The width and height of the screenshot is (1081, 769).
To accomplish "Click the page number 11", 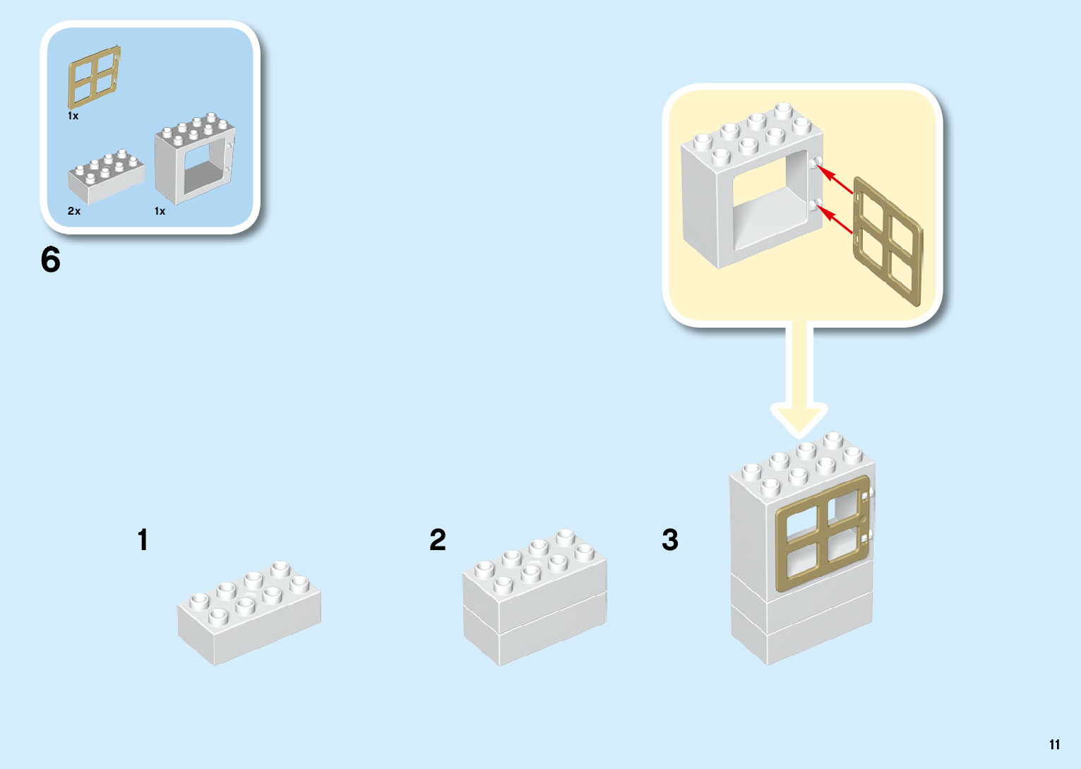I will coord(1054,744).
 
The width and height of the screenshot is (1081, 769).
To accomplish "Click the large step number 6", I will coord(51,260).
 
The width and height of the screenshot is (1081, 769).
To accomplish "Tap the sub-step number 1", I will coord(143,540).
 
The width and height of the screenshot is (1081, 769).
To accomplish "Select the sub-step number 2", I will coord(438,540).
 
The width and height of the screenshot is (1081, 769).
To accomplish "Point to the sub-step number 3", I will coord(670,540).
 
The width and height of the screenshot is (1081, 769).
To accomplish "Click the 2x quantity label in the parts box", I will coord(74,211).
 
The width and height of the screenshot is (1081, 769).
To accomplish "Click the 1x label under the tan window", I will coord(73,116).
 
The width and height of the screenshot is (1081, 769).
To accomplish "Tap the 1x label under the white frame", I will coord(160,211).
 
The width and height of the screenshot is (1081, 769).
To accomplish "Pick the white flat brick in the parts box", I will coord(106,177).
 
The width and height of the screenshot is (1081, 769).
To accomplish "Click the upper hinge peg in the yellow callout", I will coord(816,164).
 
